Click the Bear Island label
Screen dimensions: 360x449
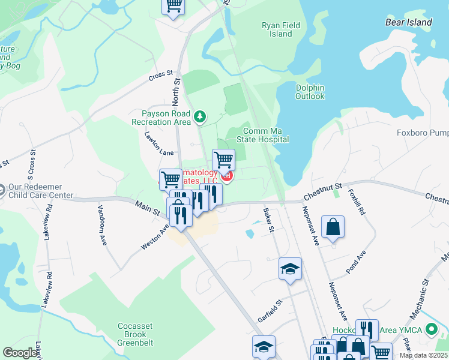point(408,22)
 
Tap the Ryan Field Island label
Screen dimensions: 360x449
point(277,29)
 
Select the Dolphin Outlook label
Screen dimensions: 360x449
point(310,92)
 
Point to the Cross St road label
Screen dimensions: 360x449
point(160,78)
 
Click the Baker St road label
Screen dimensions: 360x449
point(269,220)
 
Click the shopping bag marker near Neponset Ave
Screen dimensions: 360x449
point(333,227)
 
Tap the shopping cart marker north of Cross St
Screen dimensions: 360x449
point(173,6)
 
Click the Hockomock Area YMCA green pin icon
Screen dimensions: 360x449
point(430,329)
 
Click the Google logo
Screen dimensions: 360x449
point(20,353)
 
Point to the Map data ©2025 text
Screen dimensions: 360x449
point(423,355)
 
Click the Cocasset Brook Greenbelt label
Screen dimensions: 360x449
point(135,334)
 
